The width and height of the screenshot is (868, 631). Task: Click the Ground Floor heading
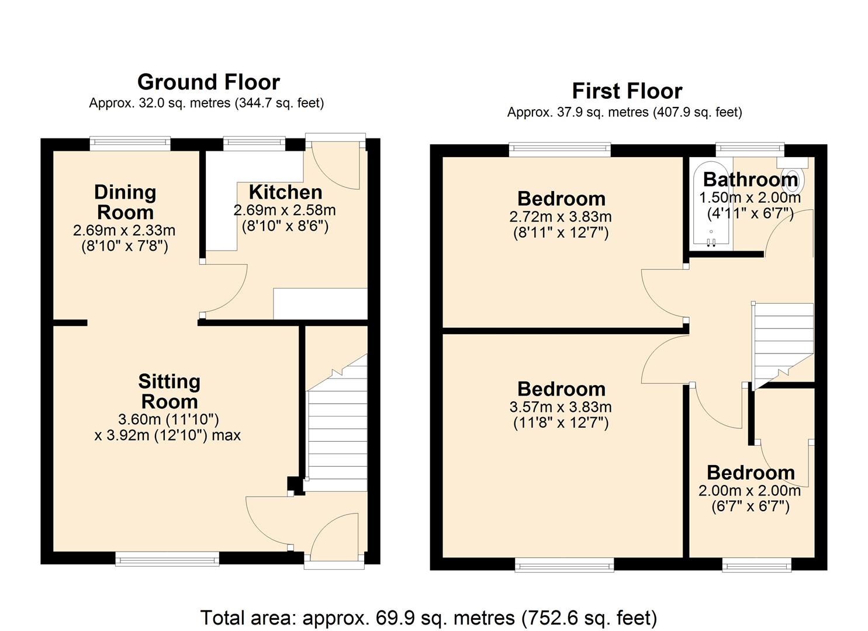pyautogui.click(x=208, y=82)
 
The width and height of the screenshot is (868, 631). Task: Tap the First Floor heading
pyautogui.click(x=627, y=91)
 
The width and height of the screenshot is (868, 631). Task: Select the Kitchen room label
pyautogui.click(x=285, y=192)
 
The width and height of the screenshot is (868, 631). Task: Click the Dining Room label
pyautogui.click(x=125, y=202)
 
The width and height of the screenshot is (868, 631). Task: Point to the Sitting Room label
pyautogui.click(x=169, y=391)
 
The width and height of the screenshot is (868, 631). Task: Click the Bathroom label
pyautogui.click(x=750, y=179)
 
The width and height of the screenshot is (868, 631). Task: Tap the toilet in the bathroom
pyautogui.click(x=792, y=178)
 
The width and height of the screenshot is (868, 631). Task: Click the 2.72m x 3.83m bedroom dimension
pyautogui.click(x=561, y=217)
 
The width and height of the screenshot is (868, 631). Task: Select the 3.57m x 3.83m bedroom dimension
pyautogui.click(x=561, y=407)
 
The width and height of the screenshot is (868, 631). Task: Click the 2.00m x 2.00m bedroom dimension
pyautogui.click(x=749, y=491)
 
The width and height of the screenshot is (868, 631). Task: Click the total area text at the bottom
pyautogui.click(x=428, y=618)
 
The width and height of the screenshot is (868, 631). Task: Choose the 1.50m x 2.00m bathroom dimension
pyautogui.click(x=750, y=198)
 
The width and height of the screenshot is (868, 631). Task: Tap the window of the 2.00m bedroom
pyautogui.click(x=757, y=564)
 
